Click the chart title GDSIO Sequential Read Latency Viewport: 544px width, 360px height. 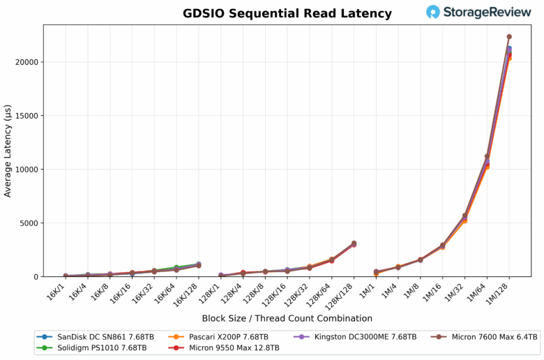coord(287,13)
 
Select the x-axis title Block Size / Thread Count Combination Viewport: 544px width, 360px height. coord(287,318)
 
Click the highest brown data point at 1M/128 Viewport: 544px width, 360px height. coord(509,36)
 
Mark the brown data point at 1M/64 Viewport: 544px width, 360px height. coord(487,156)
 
